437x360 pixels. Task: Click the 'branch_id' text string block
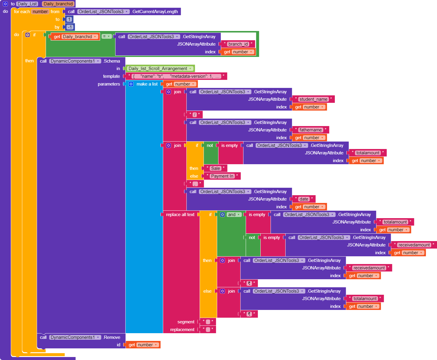click(x=238, y=44)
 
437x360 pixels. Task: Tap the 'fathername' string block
click(x=310, y=130)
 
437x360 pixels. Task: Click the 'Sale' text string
click(x=215, y=168)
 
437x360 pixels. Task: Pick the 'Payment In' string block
click(x=222, y=176)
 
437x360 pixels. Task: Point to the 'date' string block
click(x=304, y=199)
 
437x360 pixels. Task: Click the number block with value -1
click(x=70, y=27)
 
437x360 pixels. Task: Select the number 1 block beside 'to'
click(x=69, y=19)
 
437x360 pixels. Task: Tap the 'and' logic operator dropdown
click(x=234, y=215)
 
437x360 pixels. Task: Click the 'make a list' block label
click(x=147, y=84)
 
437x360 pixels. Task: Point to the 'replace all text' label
click(x=180, y=215)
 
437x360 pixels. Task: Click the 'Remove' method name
click(x=112, y=337)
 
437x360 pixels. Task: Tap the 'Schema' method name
click(x=112, y=61)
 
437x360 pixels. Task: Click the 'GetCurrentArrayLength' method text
click(x=155, y=12)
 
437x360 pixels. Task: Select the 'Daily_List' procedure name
click(x=27, y=4)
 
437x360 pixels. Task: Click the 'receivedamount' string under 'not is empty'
click(x=414, y=245)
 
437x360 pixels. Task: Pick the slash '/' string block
click(x=195, y=115)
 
